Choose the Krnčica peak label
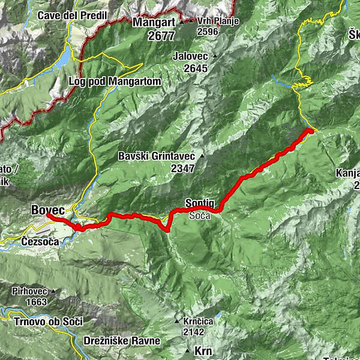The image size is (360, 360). pos(198,321)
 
